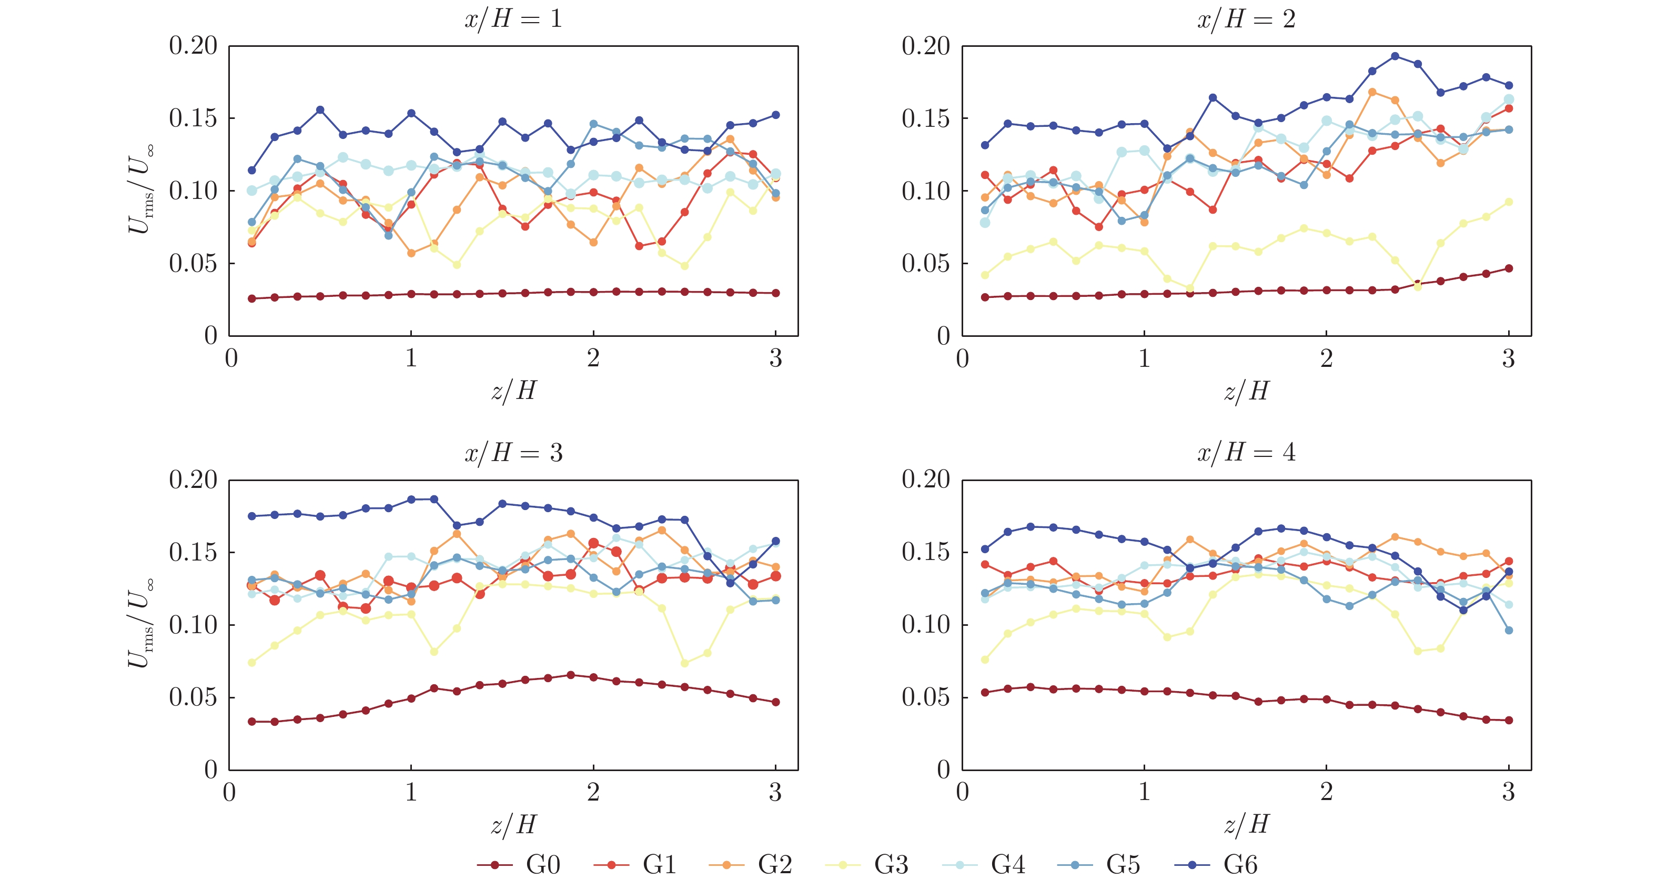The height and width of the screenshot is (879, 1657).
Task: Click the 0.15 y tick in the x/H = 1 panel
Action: pos(193,118)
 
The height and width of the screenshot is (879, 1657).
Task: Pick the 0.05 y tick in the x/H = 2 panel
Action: pos(926,263)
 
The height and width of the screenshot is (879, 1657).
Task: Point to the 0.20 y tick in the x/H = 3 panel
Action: pos(193,480)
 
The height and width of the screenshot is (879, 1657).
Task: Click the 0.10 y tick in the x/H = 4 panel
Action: pos(926,624)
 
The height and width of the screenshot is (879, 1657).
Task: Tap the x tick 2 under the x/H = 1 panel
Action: pos(593,358)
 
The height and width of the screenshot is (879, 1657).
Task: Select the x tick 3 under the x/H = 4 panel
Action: pos(1509,792)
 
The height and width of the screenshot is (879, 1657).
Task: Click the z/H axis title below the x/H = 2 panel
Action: pos(1246,391)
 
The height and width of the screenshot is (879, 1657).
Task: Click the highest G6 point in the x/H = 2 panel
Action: pos(1395,56)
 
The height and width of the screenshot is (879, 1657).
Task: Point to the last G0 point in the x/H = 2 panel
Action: pos(1509,268)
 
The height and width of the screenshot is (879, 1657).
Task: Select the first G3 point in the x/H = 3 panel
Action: pos(251,662)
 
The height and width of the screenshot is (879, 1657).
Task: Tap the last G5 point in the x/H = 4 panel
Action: pos(1509,630)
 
